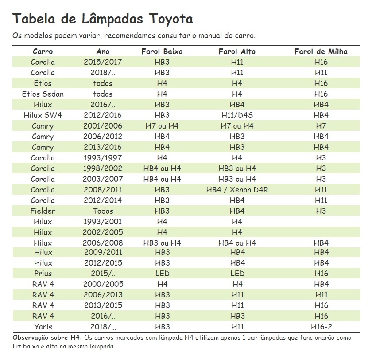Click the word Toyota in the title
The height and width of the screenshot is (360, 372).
(x=171, y=19)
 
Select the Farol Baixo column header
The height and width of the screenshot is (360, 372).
(x=162, y=51)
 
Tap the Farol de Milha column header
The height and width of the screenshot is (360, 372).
(x=321, y=51)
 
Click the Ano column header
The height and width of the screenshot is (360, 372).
(x=103, y=51)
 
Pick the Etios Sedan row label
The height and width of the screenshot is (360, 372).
(x=43, y=94)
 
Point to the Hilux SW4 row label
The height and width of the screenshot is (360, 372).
(x=43, y=115)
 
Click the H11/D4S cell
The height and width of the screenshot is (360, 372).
(x=237, y=115)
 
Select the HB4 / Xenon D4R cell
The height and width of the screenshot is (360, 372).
(x=237, y=189)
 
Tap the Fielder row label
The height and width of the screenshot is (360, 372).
(x=43, y=211)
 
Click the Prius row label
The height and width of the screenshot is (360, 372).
(x=43, y=273)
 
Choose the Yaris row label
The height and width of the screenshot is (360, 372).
(x=43, y=326)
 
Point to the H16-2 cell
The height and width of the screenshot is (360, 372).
(x=321, y=326)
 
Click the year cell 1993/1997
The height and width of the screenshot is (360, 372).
(x=103, y=158)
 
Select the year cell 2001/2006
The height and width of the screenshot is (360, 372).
(x=103, y=125)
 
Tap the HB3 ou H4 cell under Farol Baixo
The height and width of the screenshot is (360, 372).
(x=162, y=243)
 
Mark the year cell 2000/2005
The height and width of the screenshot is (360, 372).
(x=103, y=284)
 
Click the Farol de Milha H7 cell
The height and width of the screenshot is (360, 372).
(x=321, y=125)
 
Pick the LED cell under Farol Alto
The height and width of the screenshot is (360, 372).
(x=237, y=273)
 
